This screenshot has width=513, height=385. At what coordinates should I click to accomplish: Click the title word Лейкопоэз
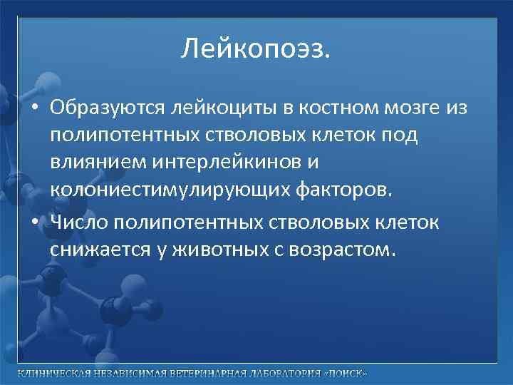coord(256,49)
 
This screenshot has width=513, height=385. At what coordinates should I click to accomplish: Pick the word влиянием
coord(97,163)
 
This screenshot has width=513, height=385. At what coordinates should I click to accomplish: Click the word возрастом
coord(341,251)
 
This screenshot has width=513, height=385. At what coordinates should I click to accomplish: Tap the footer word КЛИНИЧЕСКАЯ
coord(53,374)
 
